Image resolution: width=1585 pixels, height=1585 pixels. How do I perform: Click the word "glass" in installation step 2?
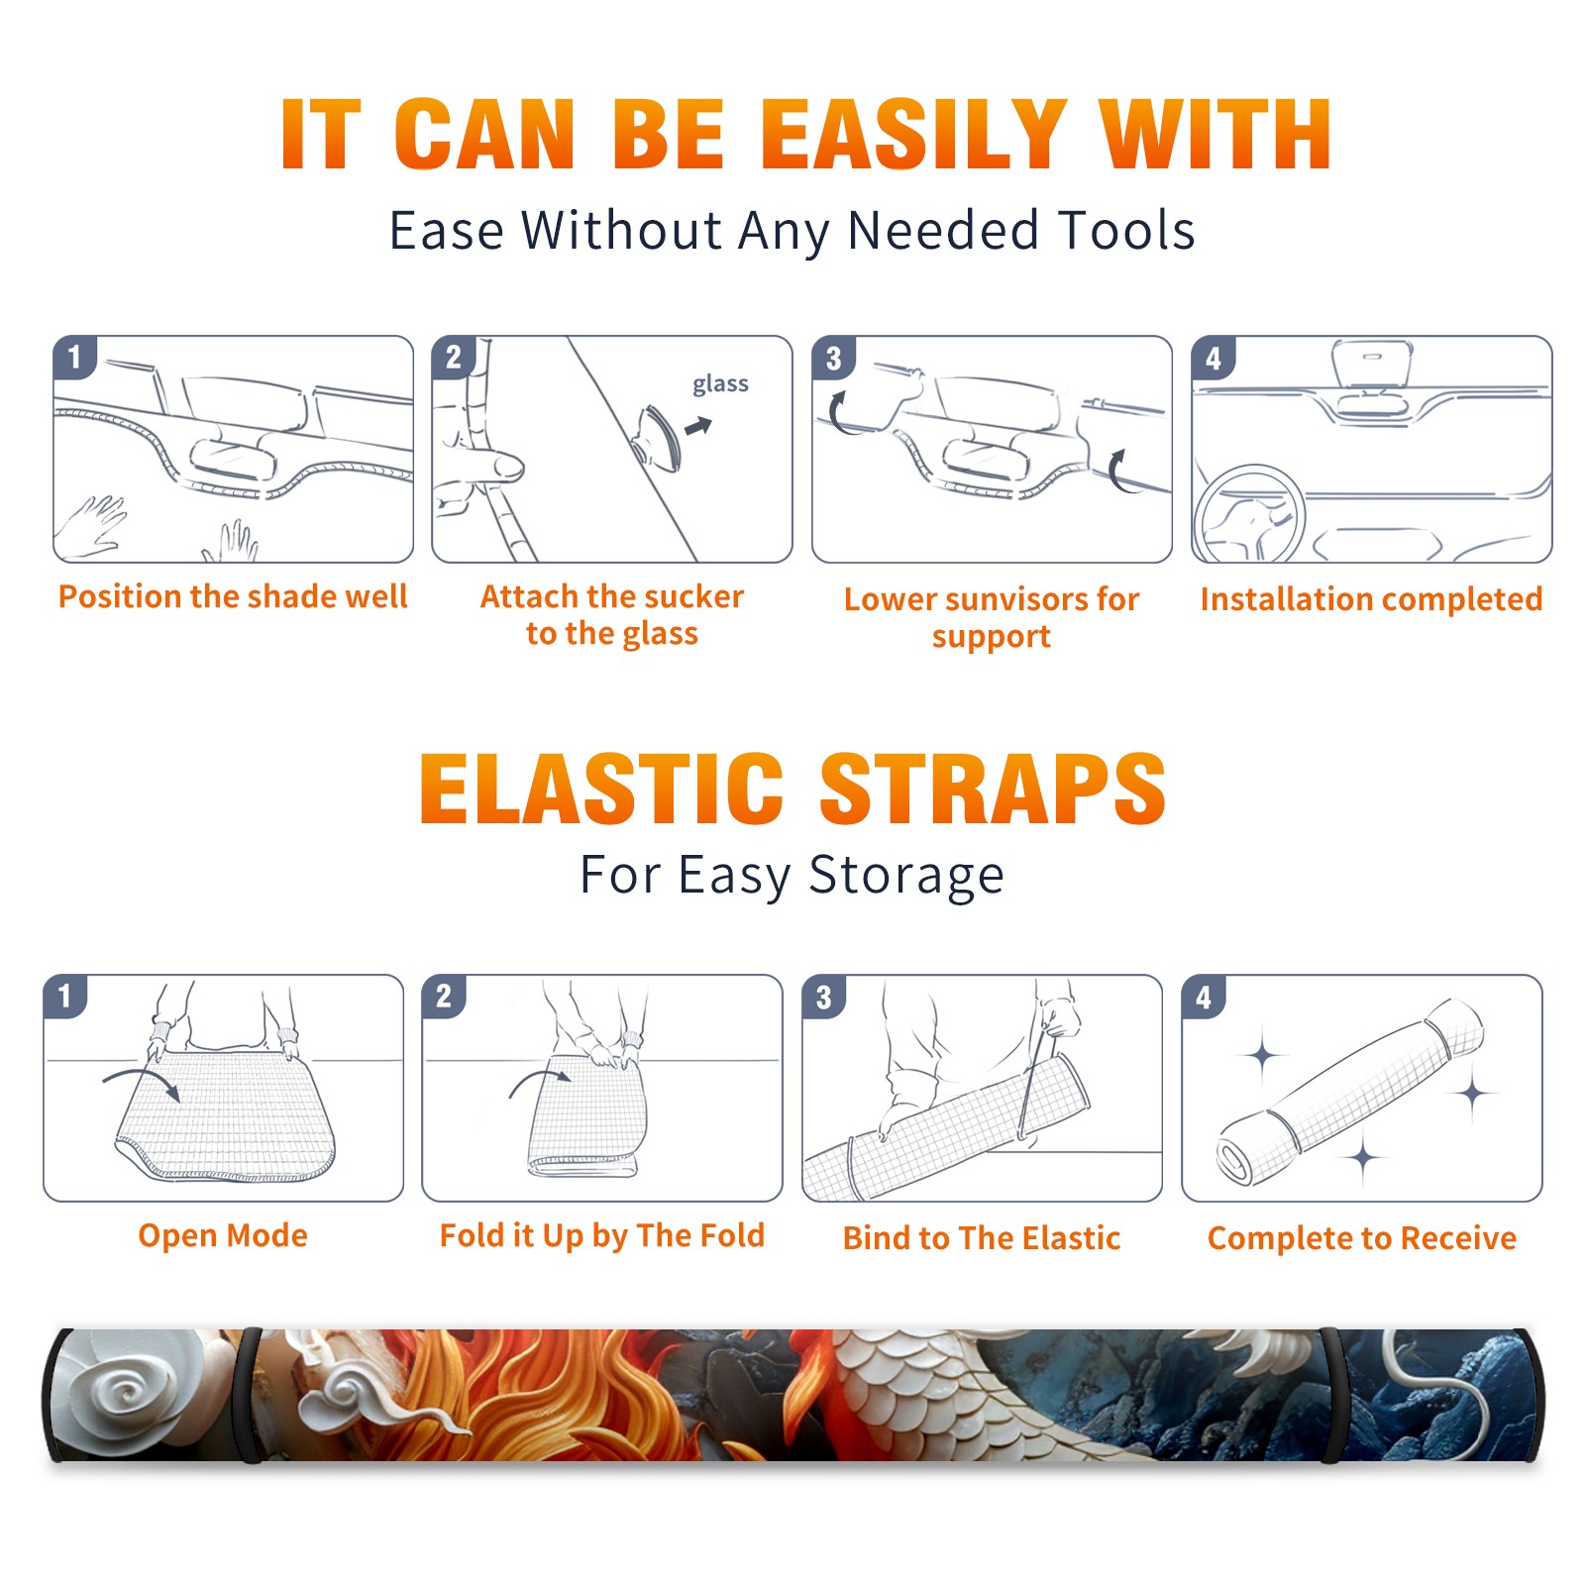pos(720,384)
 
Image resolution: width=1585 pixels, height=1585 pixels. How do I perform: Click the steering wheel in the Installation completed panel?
pos(1248,514)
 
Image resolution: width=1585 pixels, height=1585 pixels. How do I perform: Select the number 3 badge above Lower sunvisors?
pos(833,358)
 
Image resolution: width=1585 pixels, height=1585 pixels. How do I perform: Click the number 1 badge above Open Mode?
pos(65,996)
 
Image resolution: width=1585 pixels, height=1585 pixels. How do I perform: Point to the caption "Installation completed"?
pos(1371,599)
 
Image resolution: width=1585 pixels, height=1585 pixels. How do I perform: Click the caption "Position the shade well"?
pos(233,596)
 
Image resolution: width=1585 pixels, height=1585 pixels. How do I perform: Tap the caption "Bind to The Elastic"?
pos(982,1238)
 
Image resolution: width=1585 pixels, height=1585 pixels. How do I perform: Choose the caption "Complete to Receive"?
pos(1362,1238)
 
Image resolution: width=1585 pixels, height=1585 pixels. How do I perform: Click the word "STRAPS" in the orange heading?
pos(993,789)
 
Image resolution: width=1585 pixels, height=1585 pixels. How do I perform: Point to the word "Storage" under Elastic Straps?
pos(906,876)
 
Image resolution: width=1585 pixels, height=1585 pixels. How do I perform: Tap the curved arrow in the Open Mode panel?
pos(142,1082)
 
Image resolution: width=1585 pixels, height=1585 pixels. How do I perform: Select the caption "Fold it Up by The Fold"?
pos(602,1236)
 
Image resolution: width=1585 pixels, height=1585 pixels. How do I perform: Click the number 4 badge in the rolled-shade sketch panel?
pos(1204,996)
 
